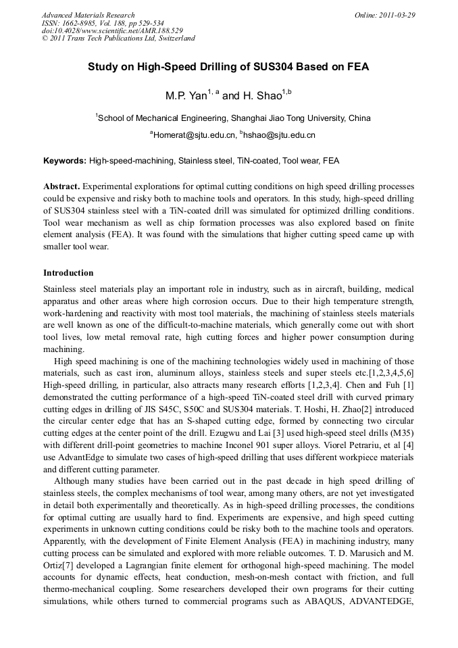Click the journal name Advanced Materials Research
tap(88, 15)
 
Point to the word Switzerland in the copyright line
tap(174, 39)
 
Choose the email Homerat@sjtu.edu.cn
tap(195, 135)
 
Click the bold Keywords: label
tap(65, 161)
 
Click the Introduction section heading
tap(68, 273)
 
